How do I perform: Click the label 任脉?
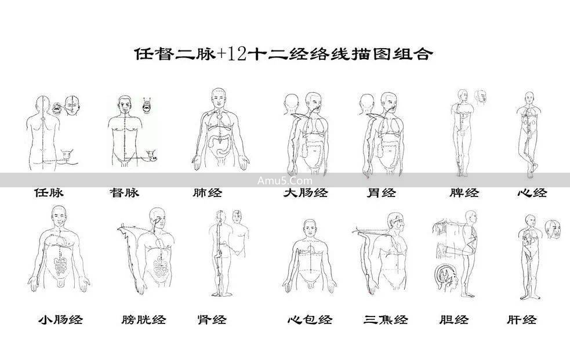click(49, 192)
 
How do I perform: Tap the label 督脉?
click(124, 192)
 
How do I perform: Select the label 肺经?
click(208, 192)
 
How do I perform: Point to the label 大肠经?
click(305, 192)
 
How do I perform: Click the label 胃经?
click(382, 192)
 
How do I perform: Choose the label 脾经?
click(464, 192)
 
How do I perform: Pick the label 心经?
click(532, 192)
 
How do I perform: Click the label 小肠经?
click(60, 319)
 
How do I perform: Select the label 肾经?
click(212, 319)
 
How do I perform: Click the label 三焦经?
click(386, 319)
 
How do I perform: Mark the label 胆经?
click(454, 319)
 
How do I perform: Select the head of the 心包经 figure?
click(311, 228)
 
